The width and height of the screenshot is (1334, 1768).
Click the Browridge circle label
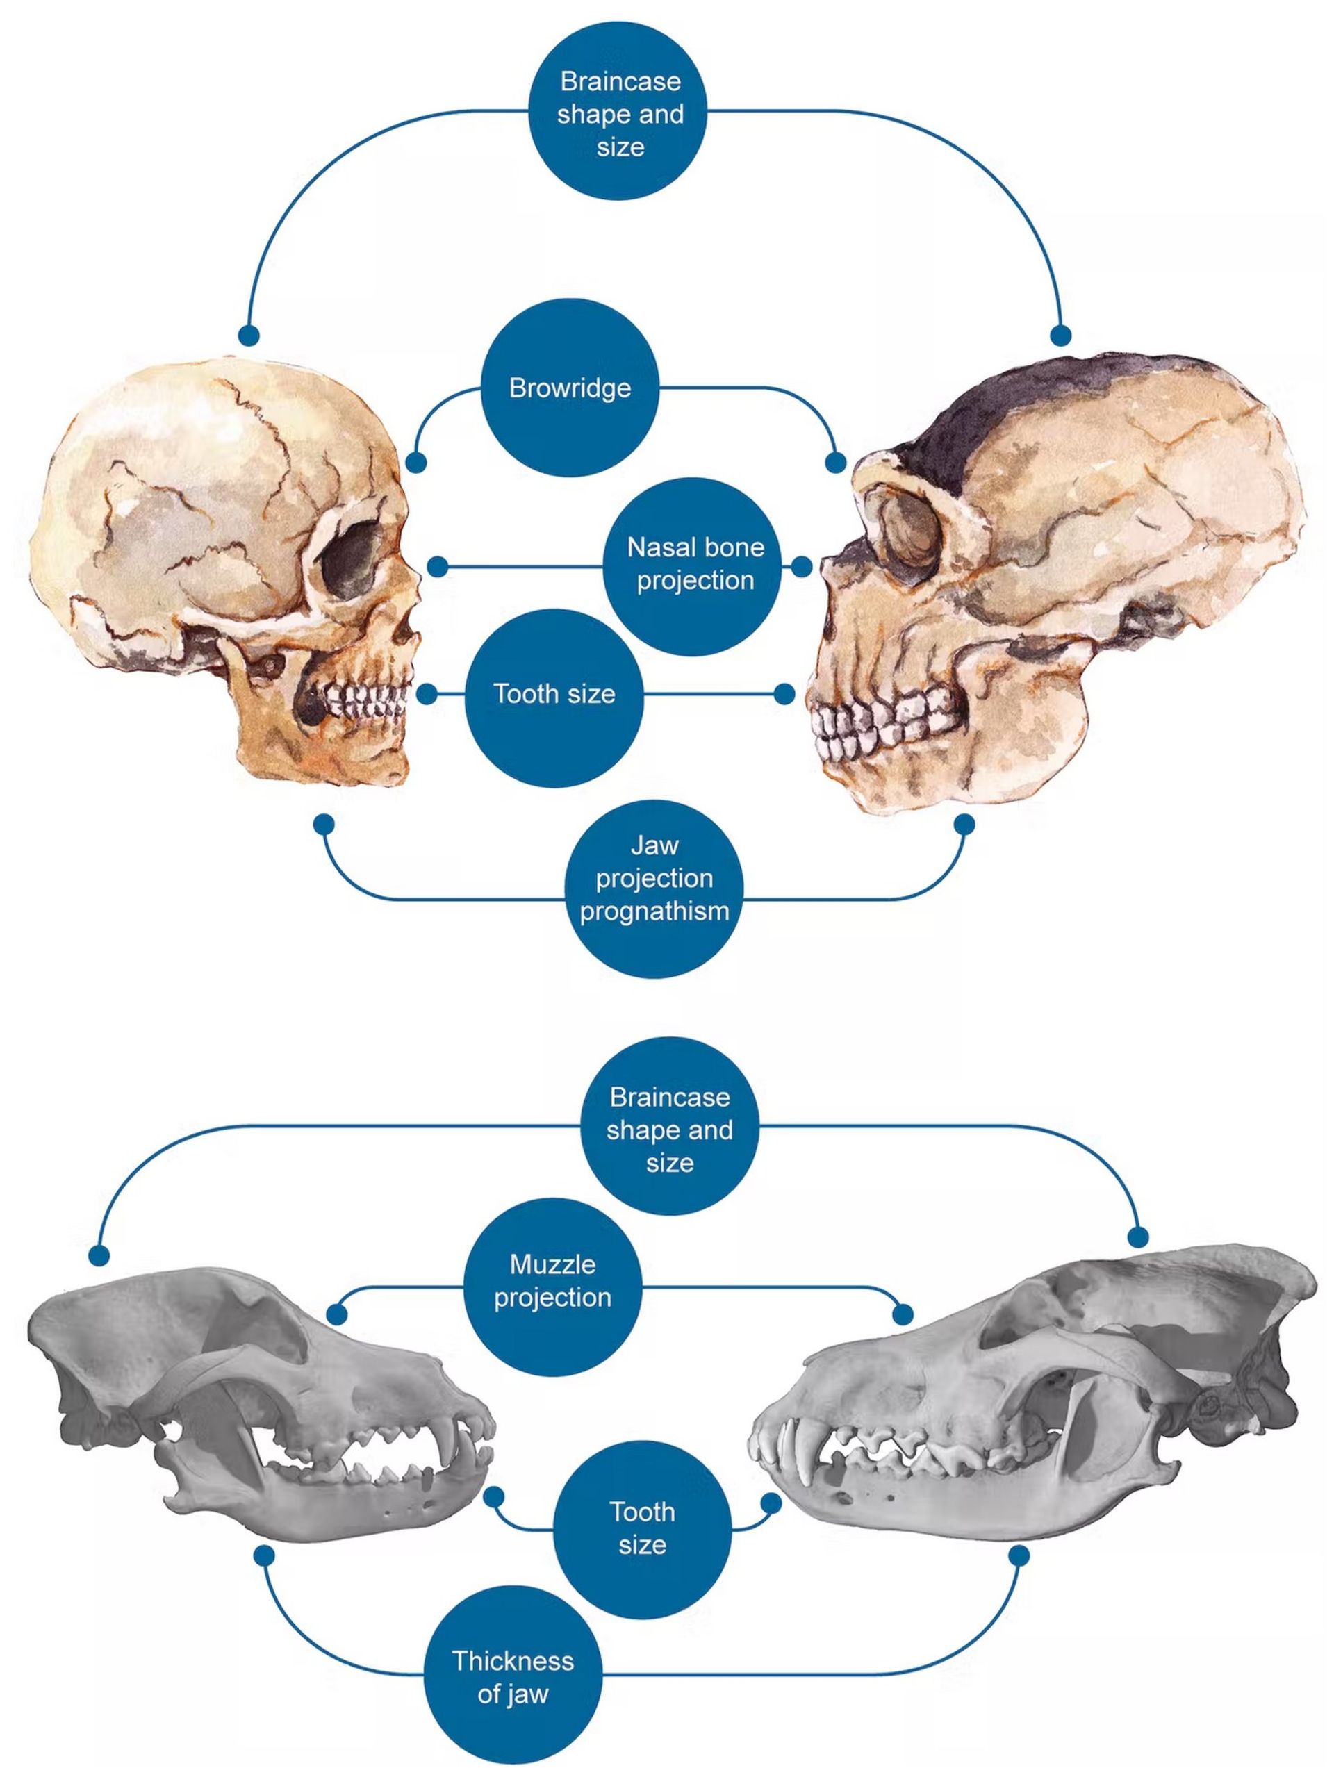tap(570, 388)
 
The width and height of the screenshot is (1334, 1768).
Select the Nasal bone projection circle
tap(695, 564)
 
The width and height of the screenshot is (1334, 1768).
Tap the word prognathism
tap(654, 911)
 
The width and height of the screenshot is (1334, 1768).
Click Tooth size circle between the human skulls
tap(554, 694)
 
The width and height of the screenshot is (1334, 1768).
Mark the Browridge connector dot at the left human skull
tap(415, 463)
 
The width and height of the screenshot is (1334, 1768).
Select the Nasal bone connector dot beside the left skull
tap(437, 567)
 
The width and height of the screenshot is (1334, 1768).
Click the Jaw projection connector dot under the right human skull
tap(965, 824)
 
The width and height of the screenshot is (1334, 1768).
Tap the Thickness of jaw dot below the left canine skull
tap(265, 1555)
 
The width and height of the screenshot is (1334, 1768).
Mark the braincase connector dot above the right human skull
tap(1060, 335)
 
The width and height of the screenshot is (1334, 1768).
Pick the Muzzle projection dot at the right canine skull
tap(903, 1314)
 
